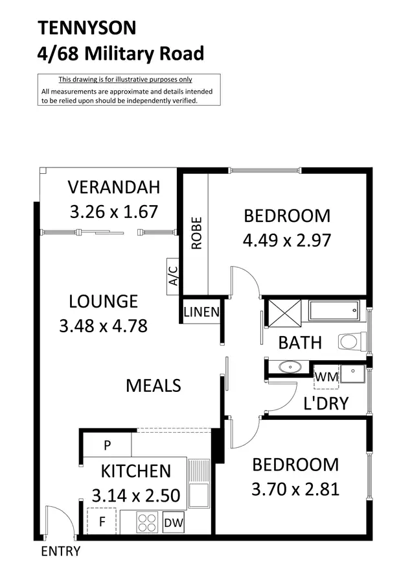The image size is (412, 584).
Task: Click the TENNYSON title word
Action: [x=87, y=28]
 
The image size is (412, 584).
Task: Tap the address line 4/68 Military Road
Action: [x=121, y=53]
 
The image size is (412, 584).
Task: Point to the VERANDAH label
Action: [x=113, y=188]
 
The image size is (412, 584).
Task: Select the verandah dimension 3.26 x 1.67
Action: [x=113, y=212]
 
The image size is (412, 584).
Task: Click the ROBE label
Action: [x=196, y=233]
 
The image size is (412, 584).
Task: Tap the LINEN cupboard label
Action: [x=201, y=312]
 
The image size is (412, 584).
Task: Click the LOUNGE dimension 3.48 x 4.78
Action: [x=103, y=325]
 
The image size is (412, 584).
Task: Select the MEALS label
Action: [x=153, y=385]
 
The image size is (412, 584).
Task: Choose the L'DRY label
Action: [x=326, y=404]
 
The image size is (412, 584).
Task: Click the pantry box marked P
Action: [x=107, y=446]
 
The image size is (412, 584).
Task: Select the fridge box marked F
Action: [x=102, y=520]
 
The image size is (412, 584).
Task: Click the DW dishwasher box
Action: [x=172, y=523]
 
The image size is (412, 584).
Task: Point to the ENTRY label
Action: [x=60, y=552]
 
